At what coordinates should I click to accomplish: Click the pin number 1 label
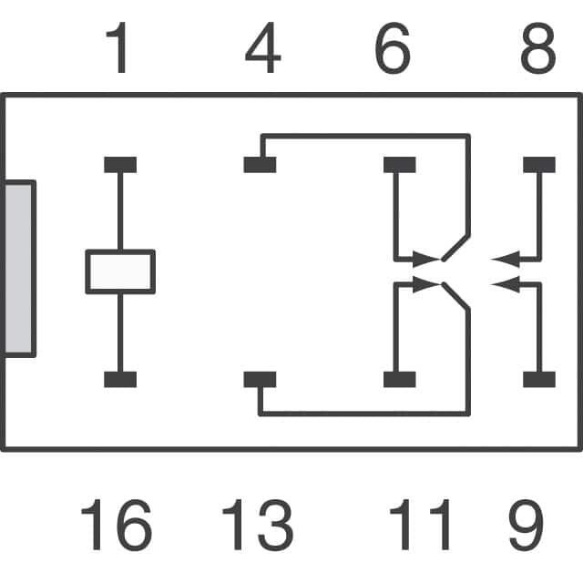coord(119,51)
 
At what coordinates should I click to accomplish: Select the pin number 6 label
coord(393,51)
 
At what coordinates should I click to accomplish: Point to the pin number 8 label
coord(537,51)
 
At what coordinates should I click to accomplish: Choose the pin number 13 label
coord(257,526)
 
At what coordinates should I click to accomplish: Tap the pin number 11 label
coord(420,526)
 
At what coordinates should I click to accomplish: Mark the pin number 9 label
coord(527,526)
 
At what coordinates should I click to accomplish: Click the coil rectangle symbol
coord(120,271)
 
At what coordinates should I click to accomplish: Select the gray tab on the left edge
coord(19,268)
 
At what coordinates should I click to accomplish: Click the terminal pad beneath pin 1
coord(120,165)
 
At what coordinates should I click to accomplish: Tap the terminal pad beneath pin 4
coord(260,165)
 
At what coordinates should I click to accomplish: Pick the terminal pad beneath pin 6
coord(399,165)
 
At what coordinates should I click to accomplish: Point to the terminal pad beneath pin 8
coord(538,165)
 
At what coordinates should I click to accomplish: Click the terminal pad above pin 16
coord(120,380)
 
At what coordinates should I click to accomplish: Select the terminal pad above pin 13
coord(260,380)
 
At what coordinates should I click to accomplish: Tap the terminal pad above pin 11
coord(399,380)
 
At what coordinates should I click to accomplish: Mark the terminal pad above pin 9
coord(538,380)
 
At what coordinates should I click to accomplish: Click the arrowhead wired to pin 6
coord(424,259)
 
